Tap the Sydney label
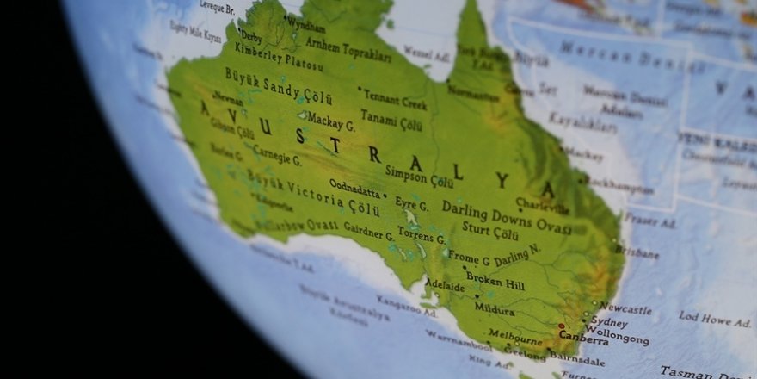609,321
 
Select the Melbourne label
515,333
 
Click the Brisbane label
637,252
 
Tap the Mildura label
494,308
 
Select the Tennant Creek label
396,99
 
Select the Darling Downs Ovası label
507,217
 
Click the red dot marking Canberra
562,326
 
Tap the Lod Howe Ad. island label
714,320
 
